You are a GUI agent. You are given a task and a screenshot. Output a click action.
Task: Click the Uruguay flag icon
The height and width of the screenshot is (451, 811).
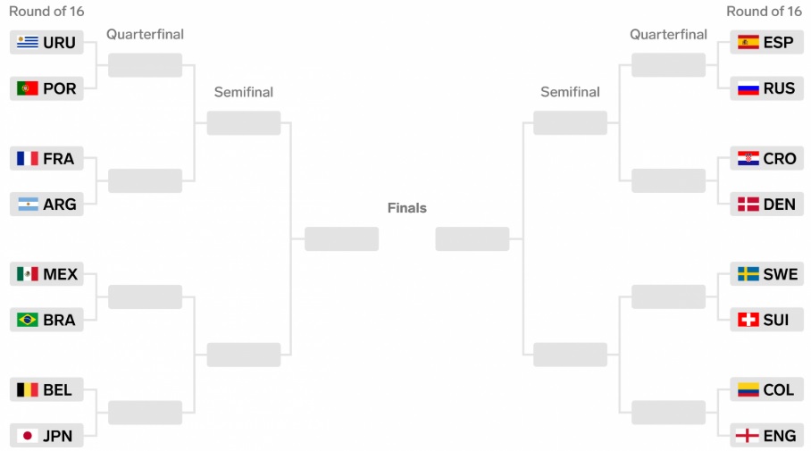28,42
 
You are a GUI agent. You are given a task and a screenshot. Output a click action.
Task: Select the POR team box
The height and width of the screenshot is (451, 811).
46,88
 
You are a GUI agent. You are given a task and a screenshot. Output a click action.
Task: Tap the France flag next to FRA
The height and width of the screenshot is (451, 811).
28,158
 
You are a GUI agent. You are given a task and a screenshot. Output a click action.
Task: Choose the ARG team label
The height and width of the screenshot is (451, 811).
60,205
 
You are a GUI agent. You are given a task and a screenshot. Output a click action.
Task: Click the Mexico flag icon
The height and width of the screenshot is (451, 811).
28,274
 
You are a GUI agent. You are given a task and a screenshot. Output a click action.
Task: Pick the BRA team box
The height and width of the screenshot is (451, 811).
46,320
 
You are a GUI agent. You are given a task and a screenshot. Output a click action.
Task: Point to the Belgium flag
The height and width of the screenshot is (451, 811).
28,390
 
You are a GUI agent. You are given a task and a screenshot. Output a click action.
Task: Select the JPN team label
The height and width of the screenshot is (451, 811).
58,437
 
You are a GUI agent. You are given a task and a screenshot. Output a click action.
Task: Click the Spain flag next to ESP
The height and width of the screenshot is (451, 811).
748,42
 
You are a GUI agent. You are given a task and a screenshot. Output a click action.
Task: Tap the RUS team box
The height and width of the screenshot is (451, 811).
766,88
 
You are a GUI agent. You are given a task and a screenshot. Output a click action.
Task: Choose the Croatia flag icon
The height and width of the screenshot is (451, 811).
748,158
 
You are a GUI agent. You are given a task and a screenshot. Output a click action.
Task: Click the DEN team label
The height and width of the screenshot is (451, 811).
779,205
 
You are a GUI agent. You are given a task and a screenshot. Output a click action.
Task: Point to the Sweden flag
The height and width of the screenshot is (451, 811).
748,274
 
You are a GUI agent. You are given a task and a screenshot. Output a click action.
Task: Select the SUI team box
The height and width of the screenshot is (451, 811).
766,320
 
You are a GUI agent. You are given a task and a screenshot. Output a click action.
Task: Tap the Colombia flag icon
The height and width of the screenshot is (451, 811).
748,390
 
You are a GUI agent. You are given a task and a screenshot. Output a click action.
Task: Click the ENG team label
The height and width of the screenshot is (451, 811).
779,437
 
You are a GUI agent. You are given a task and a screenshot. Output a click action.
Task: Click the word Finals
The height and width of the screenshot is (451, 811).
406,208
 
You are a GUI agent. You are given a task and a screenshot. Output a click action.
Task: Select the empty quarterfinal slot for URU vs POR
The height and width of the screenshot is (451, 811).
145,65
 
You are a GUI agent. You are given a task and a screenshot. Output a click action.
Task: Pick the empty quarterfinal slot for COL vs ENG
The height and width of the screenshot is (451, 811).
668,413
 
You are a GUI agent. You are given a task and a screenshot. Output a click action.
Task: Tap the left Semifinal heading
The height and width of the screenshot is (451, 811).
244,92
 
